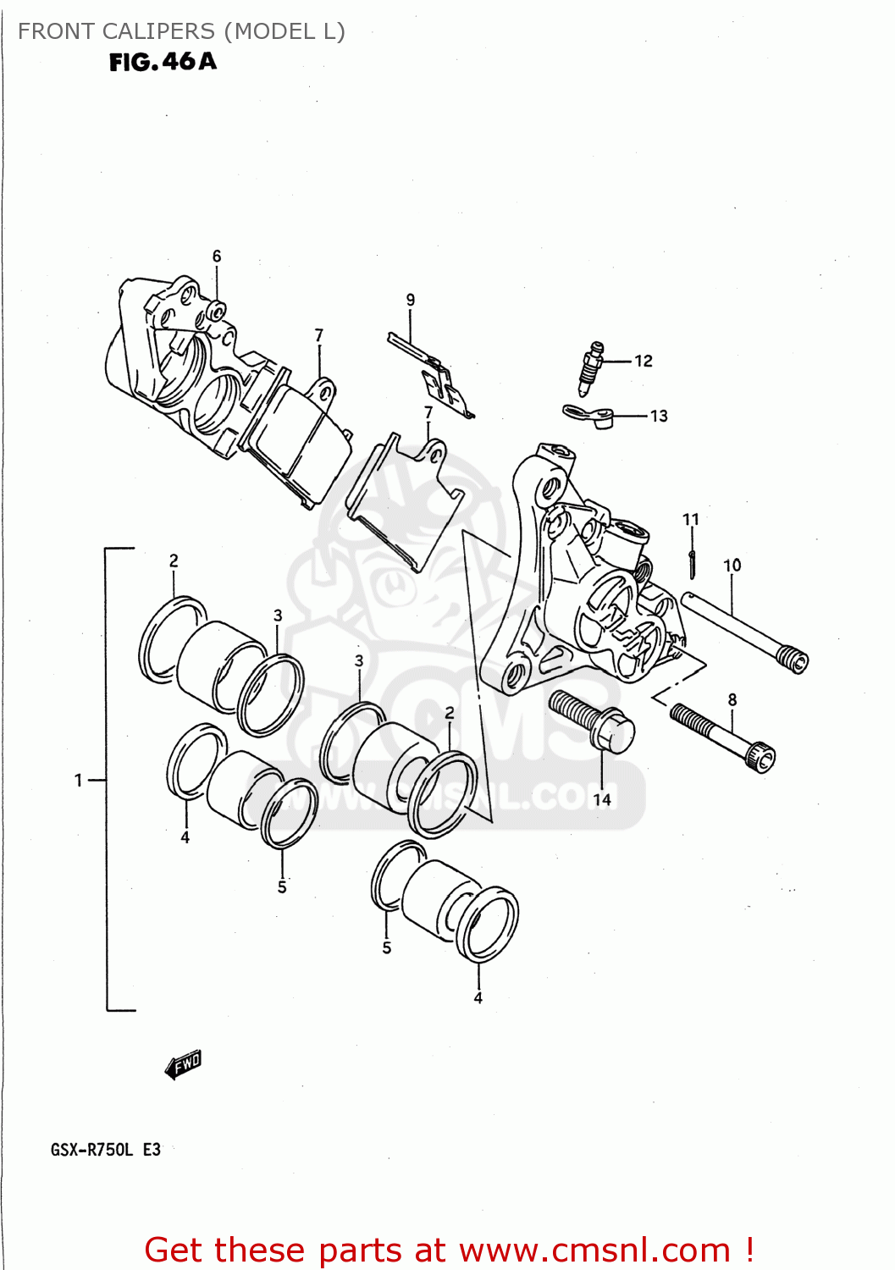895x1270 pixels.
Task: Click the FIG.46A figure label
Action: click(163, 62)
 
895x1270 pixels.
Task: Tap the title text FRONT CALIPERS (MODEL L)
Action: click(181, 31)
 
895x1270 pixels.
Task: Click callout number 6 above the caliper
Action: click(217, 256)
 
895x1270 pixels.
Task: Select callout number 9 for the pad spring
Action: click(411, 300)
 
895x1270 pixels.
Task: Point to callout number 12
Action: click(644, 362)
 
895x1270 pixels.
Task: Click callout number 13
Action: click(659, 416)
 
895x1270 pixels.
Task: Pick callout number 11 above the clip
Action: click(691, 519)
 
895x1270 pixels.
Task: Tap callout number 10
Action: click(732, 565)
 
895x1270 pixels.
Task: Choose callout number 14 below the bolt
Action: click(602, 799)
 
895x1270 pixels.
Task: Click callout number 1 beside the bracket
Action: click(79, 780)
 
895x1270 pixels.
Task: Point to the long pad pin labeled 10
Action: click(745, 631)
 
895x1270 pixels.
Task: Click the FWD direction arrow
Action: click(184, 1064)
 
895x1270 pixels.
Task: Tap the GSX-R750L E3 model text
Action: click(106, 1150)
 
